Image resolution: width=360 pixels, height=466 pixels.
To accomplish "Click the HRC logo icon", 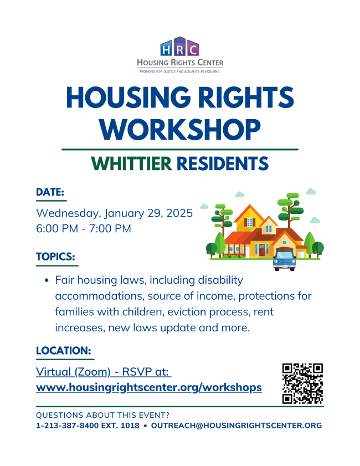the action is point(179,47).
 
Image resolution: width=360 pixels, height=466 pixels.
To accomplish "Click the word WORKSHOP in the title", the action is point(180,130).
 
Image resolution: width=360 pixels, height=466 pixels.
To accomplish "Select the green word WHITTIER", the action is point(132,163).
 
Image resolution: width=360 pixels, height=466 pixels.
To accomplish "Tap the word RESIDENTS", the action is point(223,163).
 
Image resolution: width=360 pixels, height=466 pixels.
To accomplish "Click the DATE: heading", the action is point(50,192).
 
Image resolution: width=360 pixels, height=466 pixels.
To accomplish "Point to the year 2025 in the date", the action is point(179,213).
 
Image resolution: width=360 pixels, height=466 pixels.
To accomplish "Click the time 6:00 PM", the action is point(57,228).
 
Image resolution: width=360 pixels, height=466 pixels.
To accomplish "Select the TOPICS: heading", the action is point(55,257).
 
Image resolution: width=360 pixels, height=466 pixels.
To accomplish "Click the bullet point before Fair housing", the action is point(47,280).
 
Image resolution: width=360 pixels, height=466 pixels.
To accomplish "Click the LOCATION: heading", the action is point(63,350).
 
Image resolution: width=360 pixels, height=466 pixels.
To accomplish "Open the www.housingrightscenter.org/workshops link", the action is point(149,387).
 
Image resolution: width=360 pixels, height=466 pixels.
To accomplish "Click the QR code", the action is point(302,383).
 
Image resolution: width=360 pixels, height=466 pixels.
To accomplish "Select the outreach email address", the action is point(236,426).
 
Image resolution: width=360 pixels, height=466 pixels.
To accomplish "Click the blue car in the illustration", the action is point(285,260).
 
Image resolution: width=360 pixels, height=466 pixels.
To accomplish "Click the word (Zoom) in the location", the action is point(92,372).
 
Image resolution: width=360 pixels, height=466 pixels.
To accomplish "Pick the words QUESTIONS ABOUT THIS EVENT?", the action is point(103,415).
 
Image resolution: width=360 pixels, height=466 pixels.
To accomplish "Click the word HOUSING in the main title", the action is point(128,98).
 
